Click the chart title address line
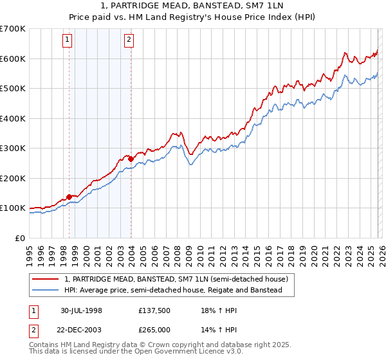(x=193, y=6)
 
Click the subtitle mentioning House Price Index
(x=193, y=17)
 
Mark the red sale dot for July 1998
(x=69, y=197)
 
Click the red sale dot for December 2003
(x=131, y=159)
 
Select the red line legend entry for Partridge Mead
(x=179, y=279)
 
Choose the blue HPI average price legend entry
(x=173, y=290)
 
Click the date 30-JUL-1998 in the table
(x=82, y=310)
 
